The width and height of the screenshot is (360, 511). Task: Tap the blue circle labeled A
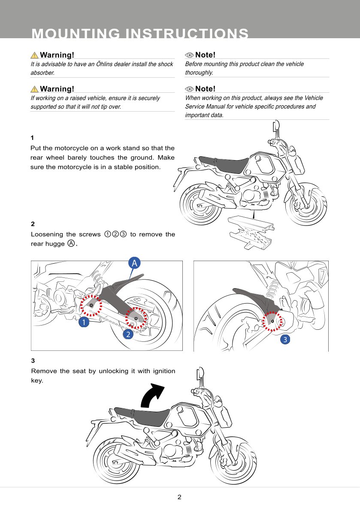coord(134,263)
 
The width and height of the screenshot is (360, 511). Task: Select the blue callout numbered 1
coord(84,322)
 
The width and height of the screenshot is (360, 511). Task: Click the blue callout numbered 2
coord(127,335)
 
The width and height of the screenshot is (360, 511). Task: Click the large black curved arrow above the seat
coord(153,395)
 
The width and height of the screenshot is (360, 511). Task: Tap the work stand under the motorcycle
coord(251,231)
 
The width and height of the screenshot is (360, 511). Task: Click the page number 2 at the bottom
coord(179,497)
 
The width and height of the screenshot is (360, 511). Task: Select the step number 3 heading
coord(33,361)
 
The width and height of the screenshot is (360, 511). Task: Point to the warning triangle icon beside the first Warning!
coord(34,55)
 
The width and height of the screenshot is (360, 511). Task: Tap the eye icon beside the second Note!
coord(189,89)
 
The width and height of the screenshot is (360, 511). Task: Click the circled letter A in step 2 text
coord(71,243)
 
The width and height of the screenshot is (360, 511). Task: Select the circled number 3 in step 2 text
coord(123,234)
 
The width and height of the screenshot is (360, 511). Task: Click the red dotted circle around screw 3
coord(272,322)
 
